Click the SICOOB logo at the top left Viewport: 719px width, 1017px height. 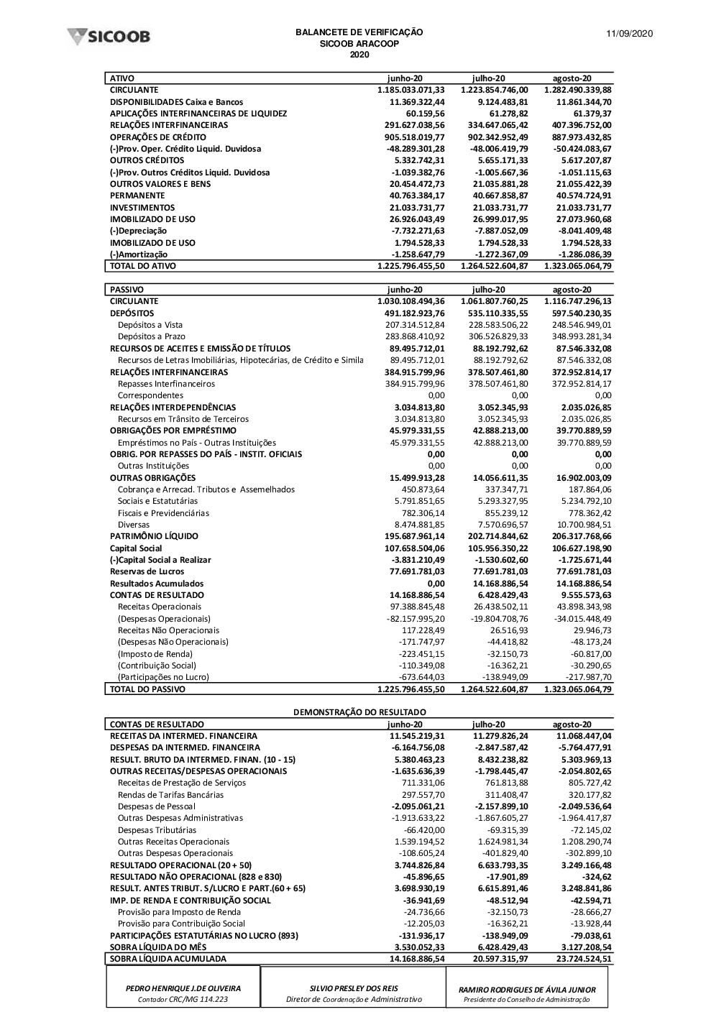(109, 37)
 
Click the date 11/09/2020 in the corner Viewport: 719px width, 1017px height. (629, 34)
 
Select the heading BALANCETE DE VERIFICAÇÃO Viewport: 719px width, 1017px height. (359, 32)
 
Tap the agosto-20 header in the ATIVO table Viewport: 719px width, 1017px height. (572, 78)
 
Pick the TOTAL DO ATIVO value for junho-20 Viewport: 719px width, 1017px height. (411, 266)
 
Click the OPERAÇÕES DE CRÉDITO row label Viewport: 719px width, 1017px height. (157, 137)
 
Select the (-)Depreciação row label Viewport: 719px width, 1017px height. (138, 231)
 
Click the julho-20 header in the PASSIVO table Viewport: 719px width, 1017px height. (488, 290)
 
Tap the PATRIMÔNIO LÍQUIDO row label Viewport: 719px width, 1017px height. (154, 536)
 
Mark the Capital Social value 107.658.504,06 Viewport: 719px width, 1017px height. (415, 548)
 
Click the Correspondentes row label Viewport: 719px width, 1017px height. (150, 395)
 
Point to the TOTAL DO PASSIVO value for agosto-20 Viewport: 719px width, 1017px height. (578, 689)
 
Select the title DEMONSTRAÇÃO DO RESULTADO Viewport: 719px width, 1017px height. (359, 712)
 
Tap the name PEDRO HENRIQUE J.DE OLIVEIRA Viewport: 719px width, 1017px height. (183, 989)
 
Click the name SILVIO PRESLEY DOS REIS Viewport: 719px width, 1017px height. (354, 989)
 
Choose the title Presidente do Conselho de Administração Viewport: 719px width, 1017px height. (527, 1000)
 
